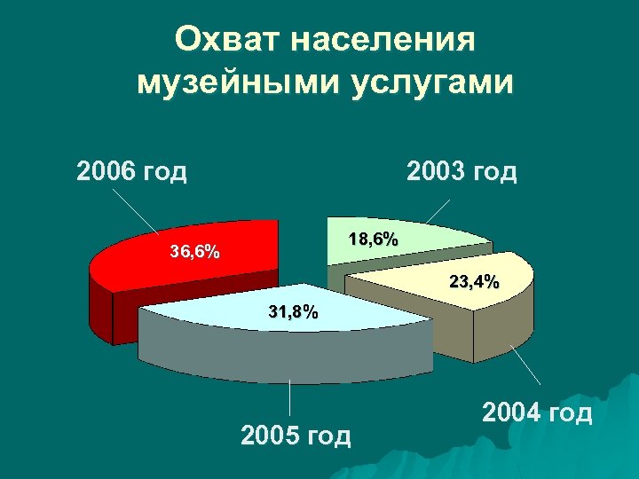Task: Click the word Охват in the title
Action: tap(229, 40)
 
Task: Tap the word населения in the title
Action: tap(383, 40)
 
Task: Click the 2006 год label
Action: tap(132, 169)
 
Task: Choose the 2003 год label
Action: tap(461, 169)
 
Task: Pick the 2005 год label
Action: tap(296, 436)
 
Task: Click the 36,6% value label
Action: tap(195, 252)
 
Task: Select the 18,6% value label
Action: tap(373, 239)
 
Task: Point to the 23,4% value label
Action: tap(474, 282)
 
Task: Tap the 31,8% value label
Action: tap(293, 312)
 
